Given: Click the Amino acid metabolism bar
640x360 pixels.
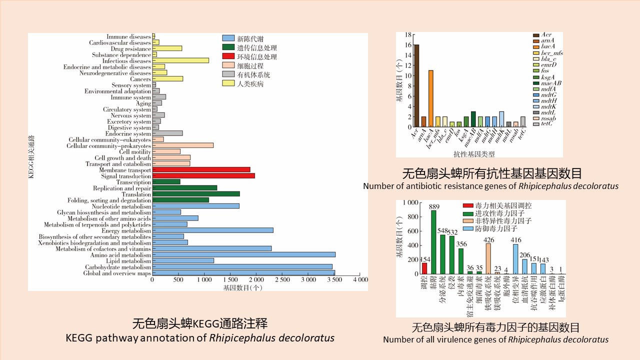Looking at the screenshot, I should tap(243, 254).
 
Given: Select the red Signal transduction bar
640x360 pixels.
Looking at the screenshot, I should tap(203, 175).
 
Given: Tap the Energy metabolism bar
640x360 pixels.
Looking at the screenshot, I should tap(212, 230).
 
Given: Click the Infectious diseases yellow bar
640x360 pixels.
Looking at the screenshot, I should tap(180, 60).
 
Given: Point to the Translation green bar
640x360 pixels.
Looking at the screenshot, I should tap(195, 194).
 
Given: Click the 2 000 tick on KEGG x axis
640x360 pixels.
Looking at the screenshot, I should tap(256, 279).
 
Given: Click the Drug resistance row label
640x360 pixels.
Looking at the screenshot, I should tap(130, 48).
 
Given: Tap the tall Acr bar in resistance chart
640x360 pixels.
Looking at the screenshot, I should tap(416, 85).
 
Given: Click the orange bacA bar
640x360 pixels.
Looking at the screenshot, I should tap(430, 98).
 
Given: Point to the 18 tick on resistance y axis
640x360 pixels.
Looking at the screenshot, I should tap(408, 34).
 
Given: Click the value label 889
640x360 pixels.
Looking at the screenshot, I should tap(434, 206).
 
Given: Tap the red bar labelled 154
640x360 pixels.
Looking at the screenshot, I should tap(424, 268).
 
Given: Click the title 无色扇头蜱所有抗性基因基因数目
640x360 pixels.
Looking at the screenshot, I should tap(492, 174).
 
